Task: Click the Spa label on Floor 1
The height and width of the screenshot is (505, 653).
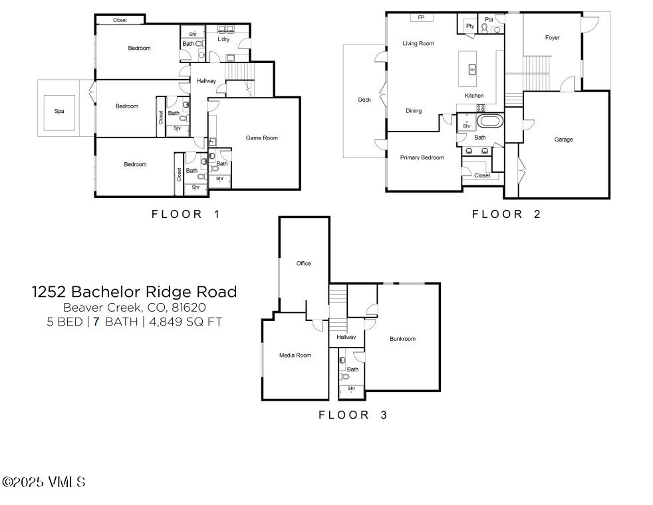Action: pos(59,111)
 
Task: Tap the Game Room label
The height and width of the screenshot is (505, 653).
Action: pos(261,138)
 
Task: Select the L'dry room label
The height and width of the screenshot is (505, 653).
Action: pos(224,40)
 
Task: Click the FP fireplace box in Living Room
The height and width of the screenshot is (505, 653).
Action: pos(421,17)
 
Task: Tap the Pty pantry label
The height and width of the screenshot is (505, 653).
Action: pos(469,26)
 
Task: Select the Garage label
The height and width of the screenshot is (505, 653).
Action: pos(563,140)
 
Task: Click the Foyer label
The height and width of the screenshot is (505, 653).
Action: pos(552,38)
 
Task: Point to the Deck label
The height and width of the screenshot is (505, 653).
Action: pos(364,100)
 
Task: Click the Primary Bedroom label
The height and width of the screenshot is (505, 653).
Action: pos(422,157)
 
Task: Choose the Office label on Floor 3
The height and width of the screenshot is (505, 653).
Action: pos(303,264)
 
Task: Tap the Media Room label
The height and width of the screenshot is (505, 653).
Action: pos(295,355)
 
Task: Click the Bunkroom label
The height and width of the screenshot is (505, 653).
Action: pos(402,339)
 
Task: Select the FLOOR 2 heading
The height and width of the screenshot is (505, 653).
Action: pos(506,214)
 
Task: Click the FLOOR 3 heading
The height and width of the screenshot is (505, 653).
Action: pos(352,415)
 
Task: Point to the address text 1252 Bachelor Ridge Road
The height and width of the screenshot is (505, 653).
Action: pos(134,292)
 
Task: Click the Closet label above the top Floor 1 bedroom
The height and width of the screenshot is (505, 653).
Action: pos(120,20)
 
